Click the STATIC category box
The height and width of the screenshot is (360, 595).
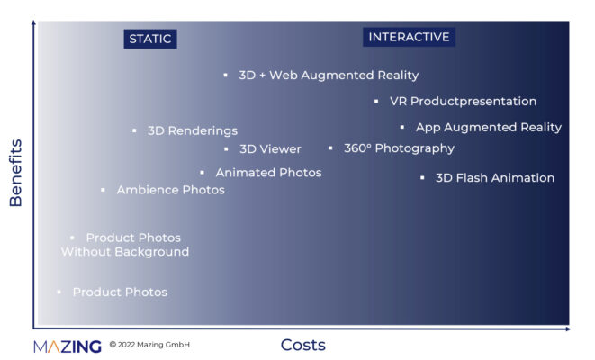150,39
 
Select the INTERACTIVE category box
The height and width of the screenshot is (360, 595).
409,37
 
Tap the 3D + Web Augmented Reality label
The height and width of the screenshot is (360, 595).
329,75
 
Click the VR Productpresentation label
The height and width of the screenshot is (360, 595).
463,102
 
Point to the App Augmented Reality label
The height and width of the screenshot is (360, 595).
489,128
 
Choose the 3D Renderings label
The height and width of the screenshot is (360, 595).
193,130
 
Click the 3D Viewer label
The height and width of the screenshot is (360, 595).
270,149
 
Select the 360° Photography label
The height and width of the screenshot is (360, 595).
399,148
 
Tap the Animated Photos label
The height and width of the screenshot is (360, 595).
268,173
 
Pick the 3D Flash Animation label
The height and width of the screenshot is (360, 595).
495,178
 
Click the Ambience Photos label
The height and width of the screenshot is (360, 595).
171,190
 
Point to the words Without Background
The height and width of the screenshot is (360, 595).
125,252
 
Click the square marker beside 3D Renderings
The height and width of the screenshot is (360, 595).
134,130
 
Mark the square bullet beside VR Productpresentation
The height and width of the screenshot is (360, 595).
376,102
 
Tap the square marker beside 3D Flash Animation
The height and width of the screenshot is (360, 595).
422,178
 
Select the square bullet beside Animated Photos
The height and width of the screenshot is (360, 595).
203,173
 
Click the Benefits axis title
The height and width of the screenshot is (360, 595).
15,173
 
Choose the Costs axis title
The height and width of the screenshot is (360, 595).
303,346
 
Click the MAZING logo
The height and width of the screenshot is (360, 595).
68,346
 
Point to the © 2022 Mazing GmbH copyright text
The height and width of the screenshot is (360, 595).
149,345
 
